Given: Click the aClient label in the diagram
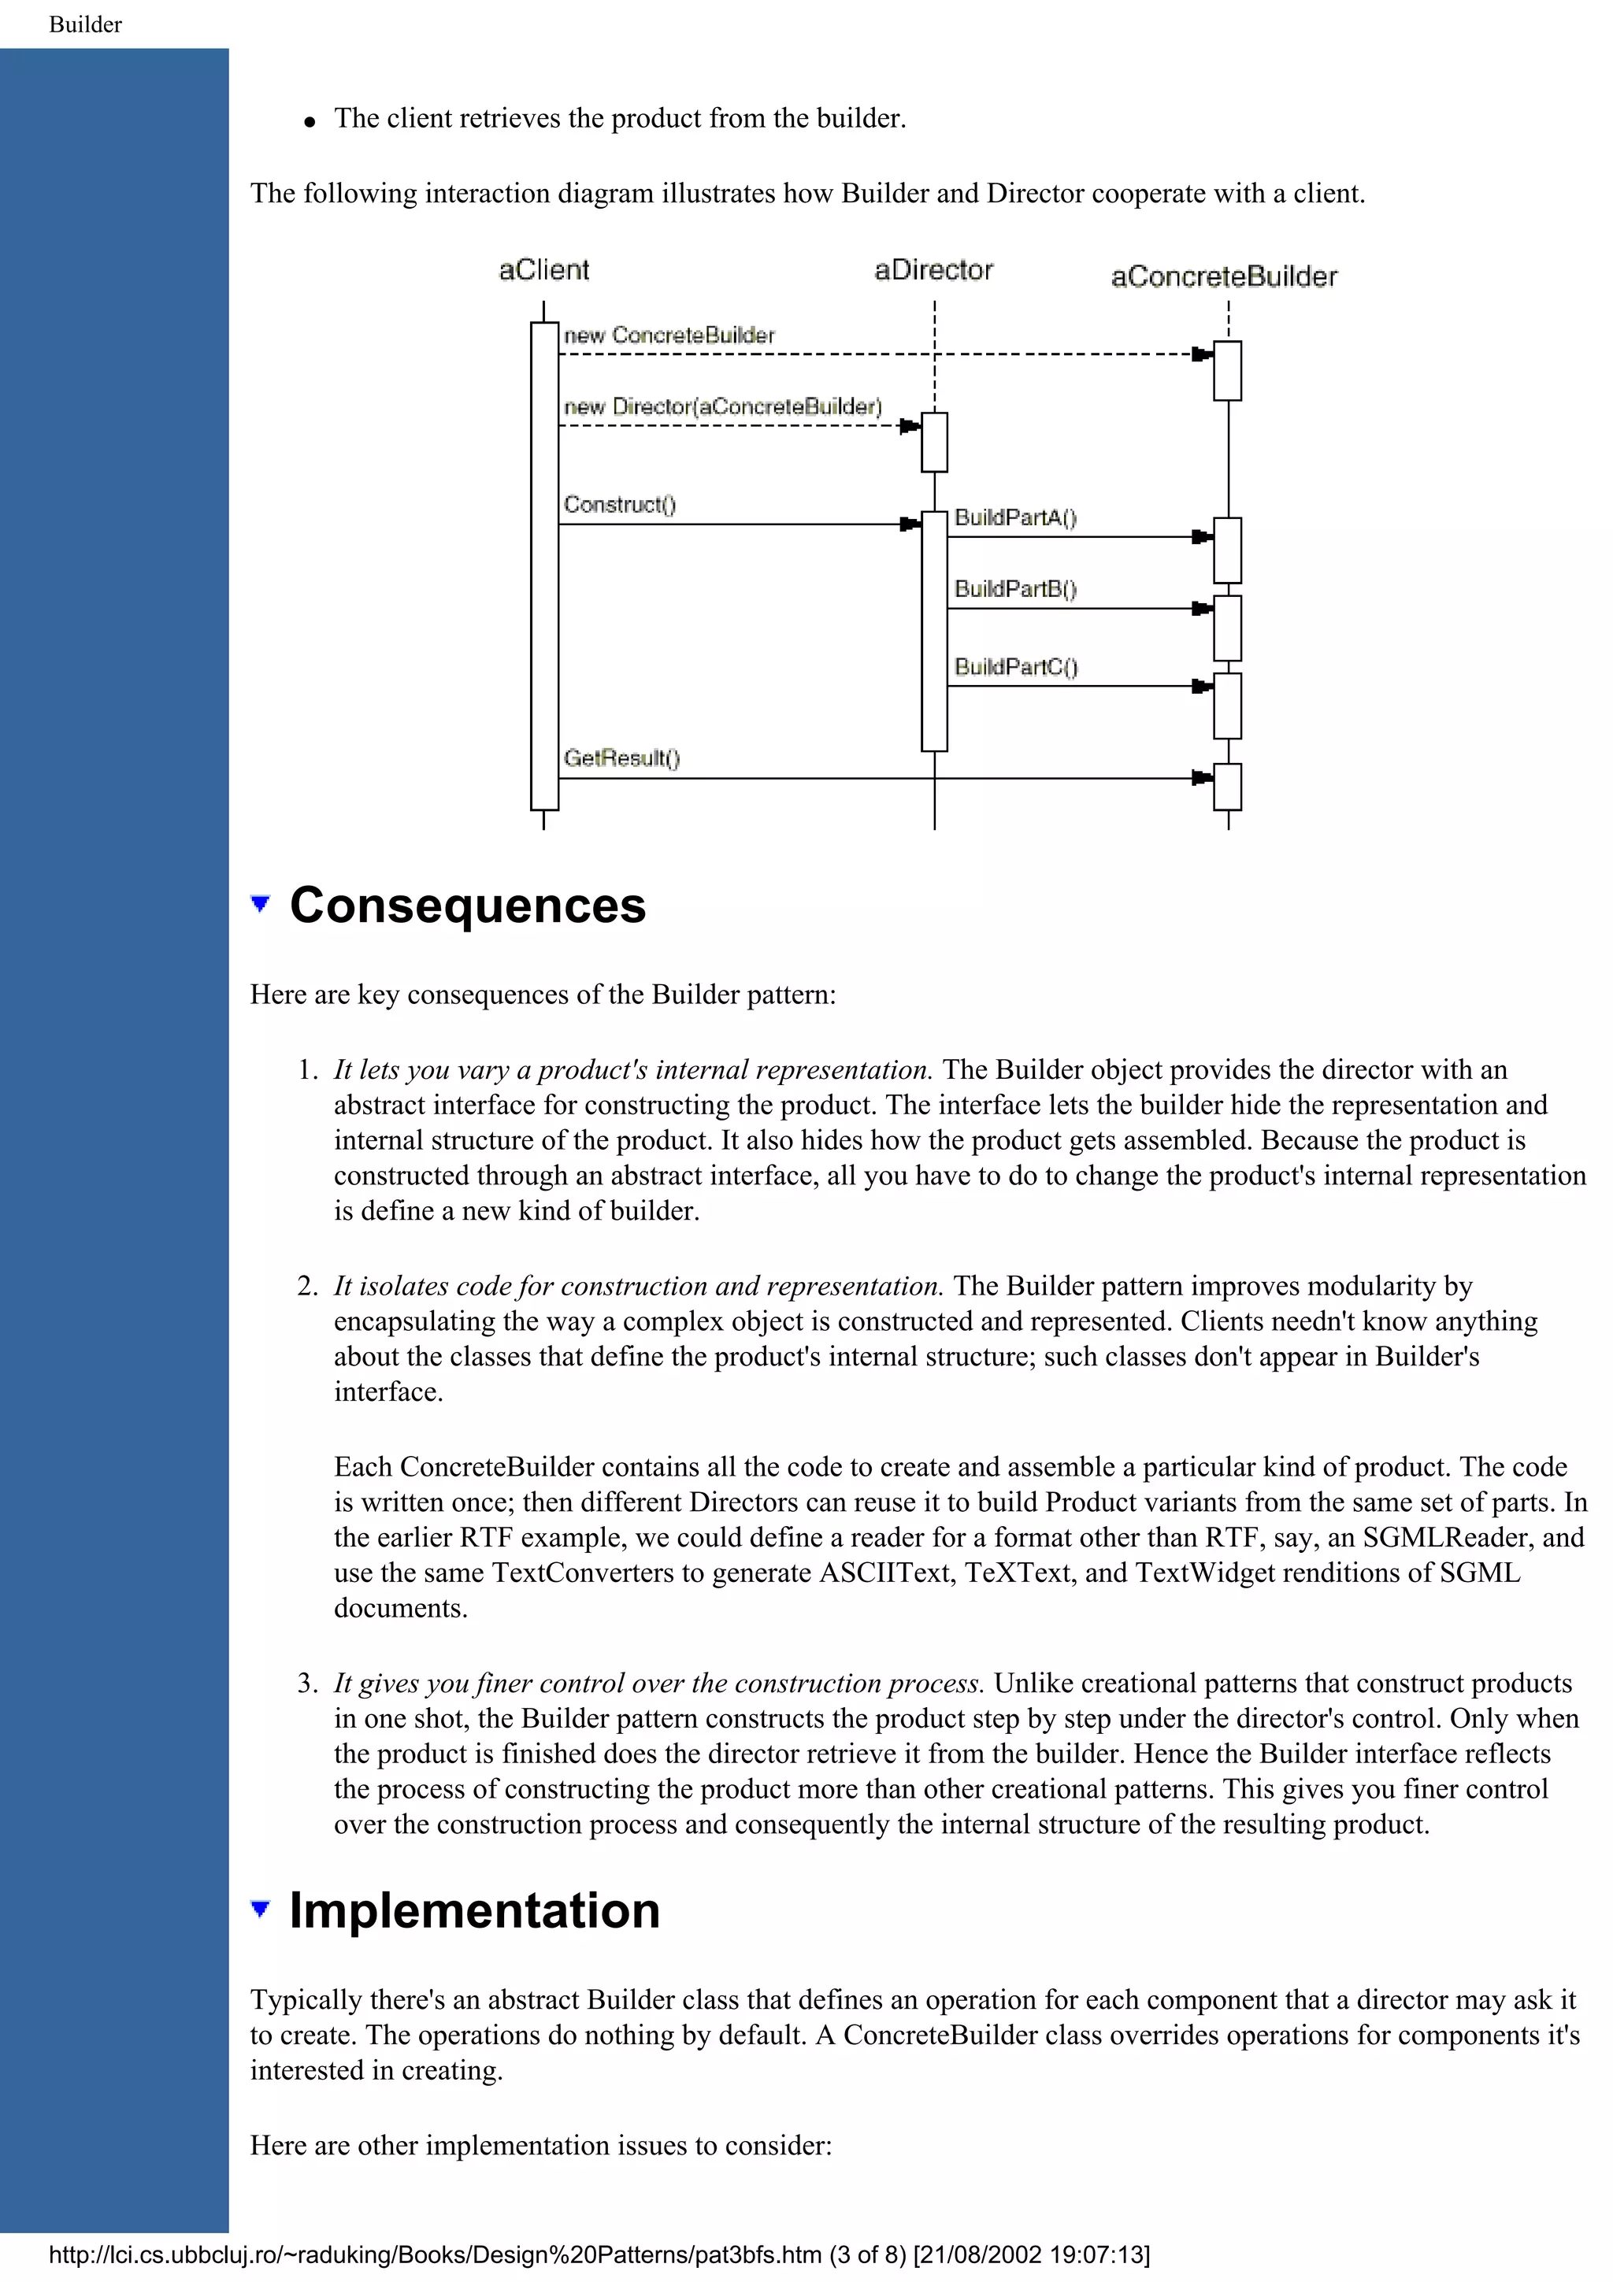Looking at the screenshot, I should pos(543,270).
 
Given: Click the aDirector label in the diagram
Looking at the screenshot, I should pos(933,270).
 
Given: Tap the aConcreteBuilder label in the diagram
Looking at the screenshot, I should pos(1223,276).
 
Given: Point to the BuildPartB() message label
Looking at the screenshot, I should pos(1014,588).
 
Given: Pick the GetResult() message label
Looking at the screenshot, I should pos(621,758).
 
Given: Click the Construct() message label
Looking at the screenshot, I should pos(619,505).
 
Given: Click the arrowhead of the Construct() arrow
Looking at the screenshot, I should pos(910,524).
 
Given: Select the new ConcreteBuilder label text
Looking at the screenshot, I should pos(669,336).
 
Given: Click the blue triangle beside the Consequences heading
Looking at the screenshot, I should pos(261,903).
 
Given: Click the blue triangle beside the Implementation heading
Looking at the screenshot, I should pos(261,1907).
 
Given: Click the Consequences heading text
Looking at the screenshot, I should pos(467,906).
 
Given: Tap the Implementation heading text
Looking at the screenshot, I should pos(474,1910).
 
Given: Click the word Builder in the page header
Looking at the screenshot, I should pos(86,25).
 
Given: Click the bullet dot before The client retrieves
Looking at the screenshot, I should pos(310,122).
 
